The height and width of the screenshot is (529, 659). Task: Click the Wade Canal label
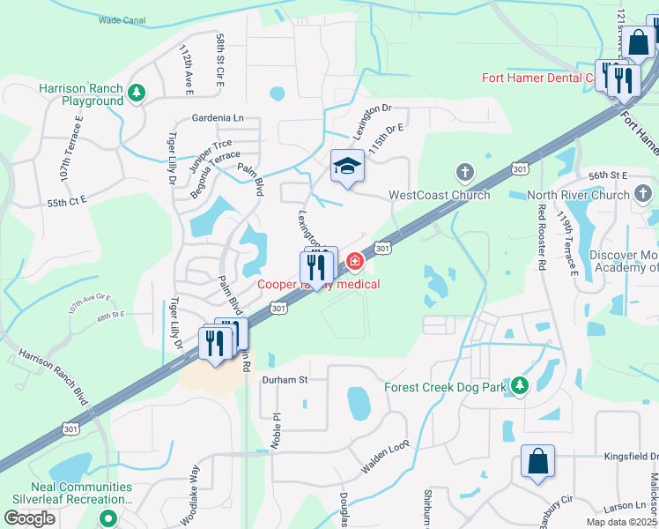[121, 19]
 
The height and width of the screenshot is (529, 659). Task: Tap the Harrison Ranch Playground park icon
[136, 91]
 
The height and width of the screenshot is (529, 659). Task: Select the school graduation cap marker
[347, 166]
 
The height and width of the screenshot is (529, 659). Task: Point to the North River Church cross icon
[642, 192]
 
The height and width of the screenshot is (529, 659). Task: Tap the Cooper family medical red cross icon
[355, 261]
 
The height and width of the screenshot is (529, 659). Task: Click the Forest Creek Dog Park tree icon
[520, 384]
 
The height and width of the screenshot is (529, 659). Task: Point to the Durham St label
[285, 380]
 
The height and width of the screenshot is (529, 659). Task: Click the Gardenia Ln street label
[217, 117]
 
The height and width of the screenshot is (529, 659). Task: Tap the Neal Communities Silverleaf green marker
[108, 518]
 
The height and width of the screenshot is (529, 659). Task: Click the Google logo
[27, 518]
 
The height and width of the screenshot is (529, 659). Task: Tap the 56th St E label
[606, 175]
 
